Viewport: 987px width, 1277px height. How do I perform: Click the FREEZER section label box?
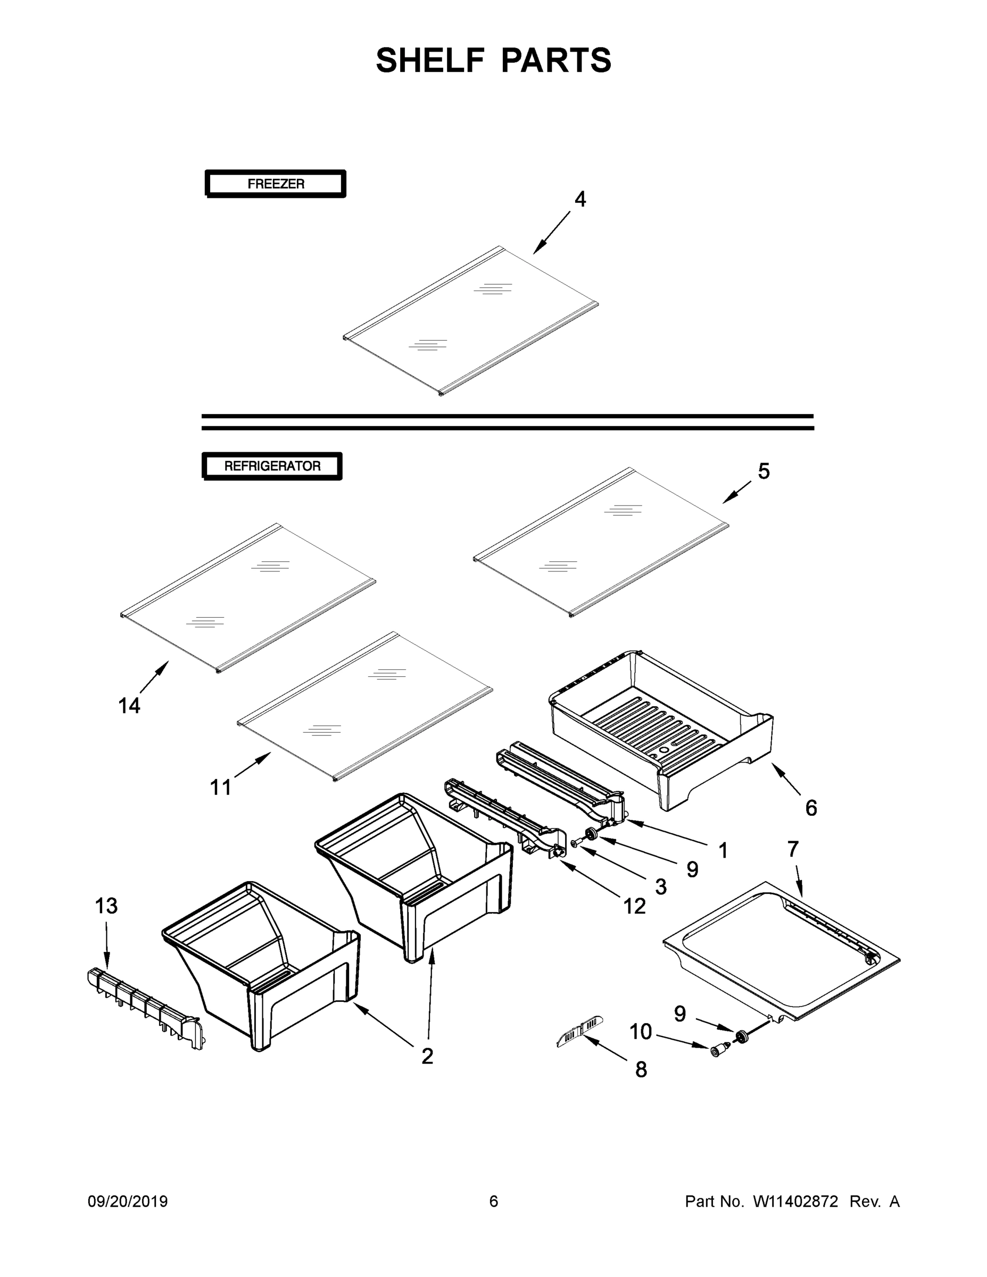276,184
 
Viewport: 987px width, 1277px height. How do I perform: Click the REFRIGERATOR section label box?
272,466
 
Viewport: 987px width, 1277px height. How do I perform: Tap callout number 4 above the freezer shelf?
579,200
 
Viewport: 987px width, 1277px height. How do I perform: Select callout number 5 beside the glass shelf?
764,471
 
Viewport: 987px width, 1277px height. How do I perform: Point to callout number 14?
129,706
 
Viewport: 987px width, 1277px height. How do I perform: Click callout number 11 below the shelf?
221,787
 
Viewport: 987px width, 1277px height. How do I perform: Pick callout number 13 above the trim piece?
106,906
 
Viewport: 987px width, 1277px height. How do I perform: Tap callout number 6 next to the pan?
811,808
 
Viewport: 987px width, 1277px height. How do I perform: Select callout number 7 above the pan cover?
793,849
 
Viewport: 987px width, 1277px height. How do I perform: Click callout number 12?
634,906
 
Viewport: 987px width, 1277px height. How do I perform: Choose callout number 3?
661,886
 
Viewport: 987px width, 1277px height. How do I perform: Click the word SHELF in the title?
430,60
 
